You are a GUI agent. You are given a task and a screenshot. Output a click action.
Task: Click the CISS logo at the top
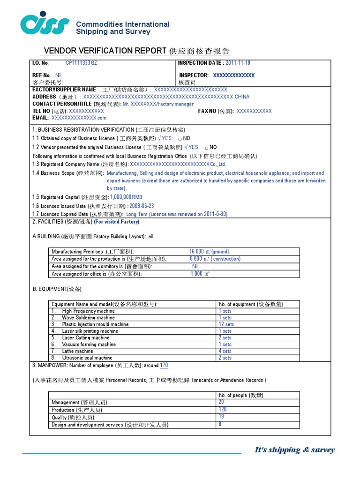(x=45, y=24)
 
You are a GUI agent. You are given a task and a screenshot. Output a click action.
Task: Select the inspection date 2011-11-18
(x=238, y=63)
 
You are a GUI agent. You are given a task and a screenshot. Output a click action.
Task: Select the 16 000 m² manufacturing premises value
(x=209, y=252)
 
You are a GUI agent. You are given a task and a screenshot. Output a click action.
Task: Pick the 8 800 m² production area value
(x=215, y=259)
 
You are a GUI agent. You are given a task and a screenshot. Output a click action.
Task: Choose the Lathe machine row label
(x=77, y=351)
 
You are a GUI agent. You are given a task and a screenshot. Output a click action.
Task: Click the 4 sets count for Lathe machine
(x=225, y=351)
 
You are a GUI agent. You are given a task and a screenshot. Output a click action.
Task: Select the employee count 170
(x=164, y=366)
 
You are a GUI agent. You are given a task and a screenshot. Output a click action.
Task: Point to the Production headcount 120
(x=222, y=410)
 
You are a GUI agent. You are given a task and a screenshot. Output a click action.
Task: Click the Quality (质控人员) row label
(x=73, y=417)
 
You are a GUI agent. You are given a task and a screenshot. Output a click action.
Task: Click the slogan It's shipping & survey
(x=294, y=450)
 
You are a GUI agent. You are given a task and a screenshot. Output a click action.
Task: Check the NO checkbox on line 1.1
(x=180, y=139)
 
